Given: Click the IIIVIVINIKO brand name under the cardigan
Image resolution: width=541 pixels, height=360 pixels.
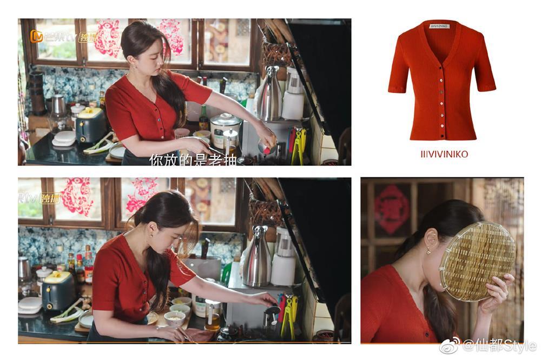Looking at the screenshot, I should point(441,155).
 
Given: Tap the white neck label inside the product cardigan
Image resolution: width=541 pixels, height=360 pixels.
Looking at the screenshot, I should point(439,26).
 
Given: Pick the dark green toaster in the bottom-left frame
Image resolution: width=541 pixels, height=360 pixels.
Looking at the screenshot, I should point(58,290).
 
